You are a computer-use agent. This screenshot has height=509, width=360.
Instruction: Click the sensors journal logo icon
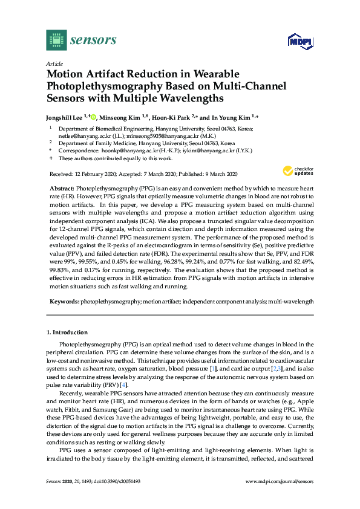[x=56, y=41]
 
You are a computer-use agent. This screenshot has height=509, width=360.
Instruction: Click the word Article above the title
[x=54, y=63]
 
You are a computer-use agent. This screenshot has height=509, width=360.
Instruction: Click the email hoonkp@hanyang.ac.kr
[x=134, y=150]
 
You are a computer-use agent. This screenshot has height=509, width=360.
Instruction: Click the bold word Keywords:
[x=63, y=300]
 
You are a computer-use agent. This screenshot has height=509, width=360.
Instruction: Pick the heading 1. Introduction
[x=67, y=332]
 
